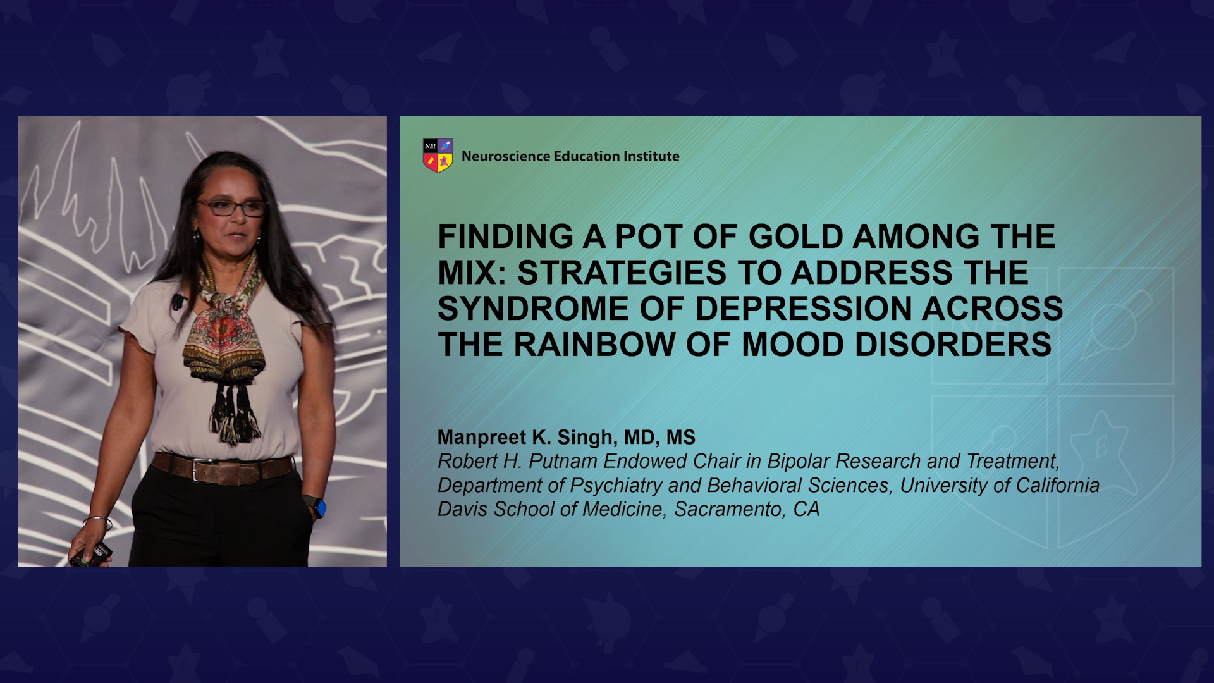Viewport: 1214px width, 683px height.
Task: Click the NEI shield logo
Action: (438, 156)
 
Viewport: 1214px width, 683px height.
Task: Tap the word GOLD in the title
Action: (795, 237)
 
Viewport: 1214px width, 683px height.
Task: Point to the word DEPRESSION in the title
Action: (803, 309)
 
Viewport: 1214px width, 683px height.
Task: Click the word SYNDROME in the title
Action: (534, 309)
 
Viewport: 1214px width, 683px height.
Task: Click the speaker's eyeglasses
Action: (231, 207)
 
